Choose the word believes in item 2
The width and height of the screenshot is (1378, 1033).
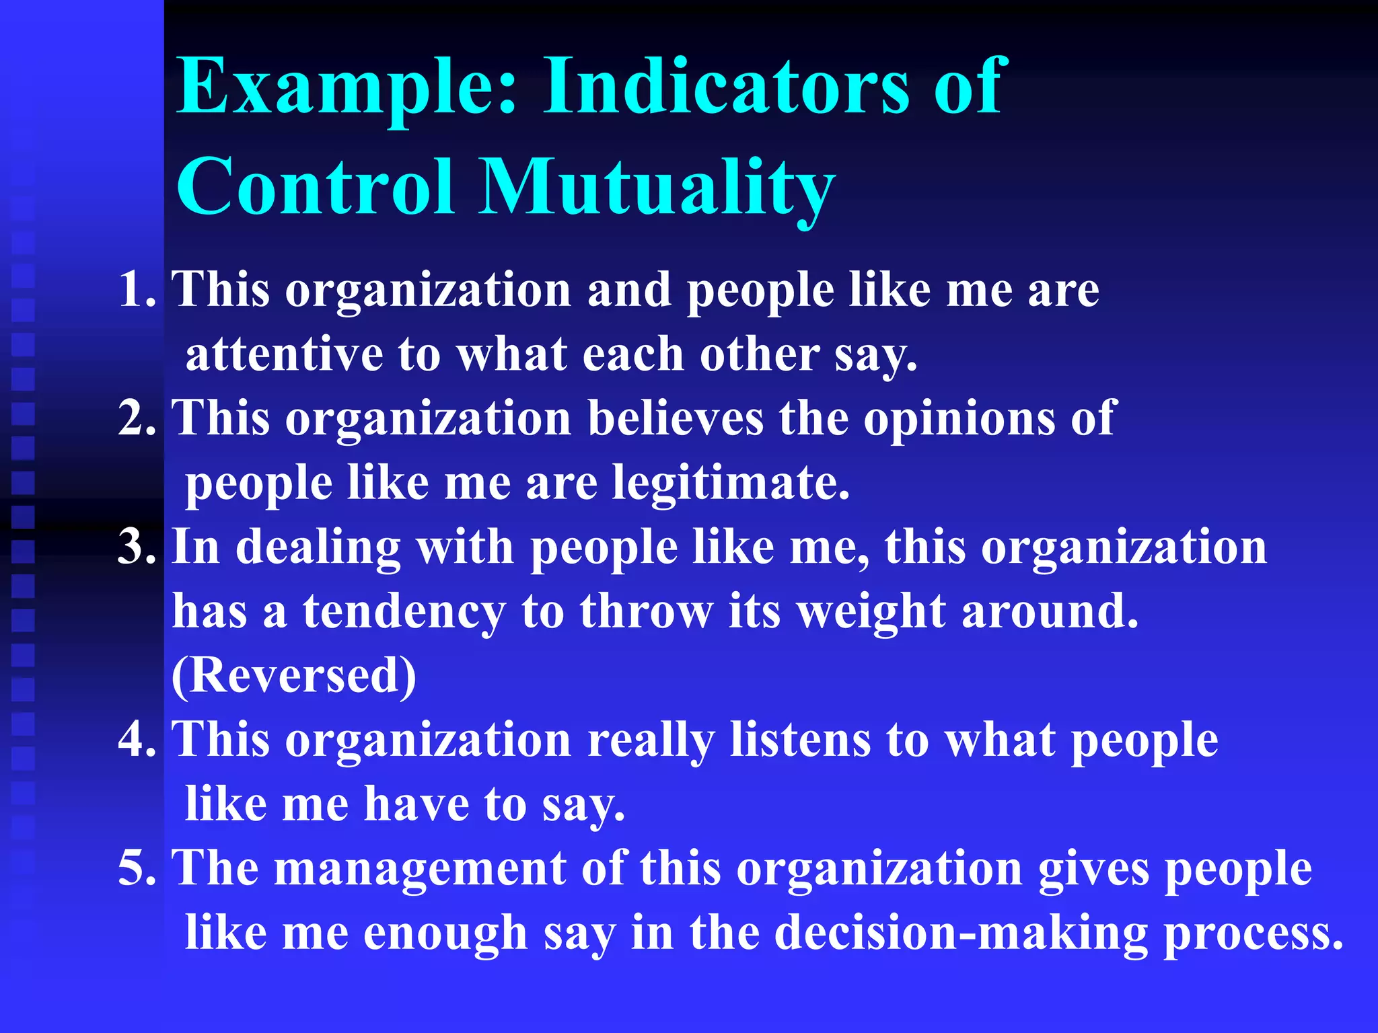pyautogui.click(x=676, y=418)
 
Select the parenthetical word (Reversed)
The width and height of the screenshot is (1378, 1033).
pyautogui.click(x=294, y=675)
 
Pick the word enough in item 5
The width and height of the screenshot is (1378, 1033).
pyautogui.click(x=445, y=933)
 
